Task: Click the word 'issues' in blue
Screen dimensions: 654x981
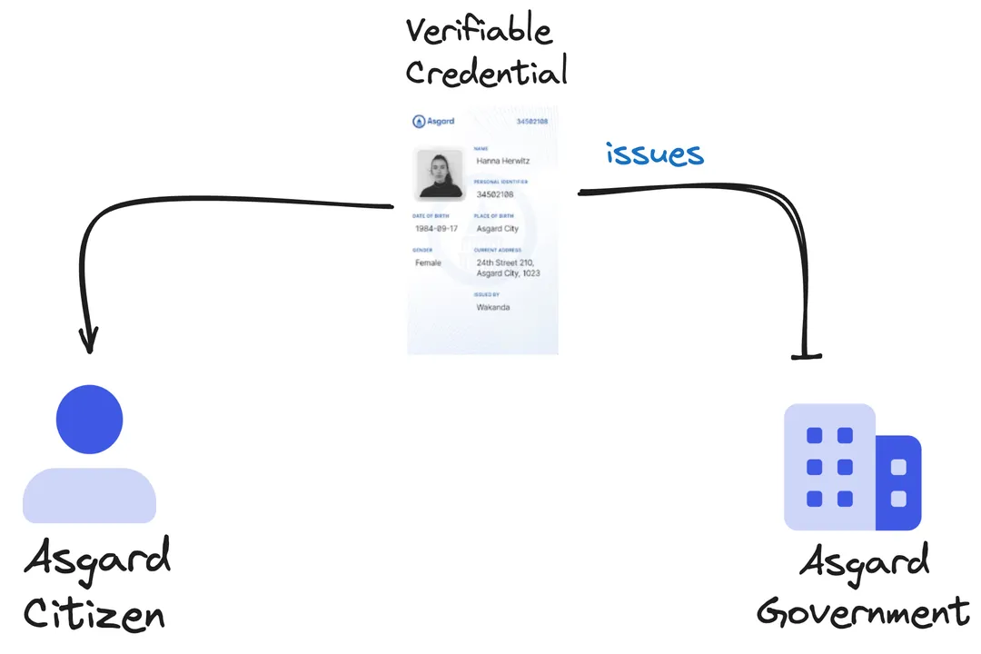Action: point(654,154)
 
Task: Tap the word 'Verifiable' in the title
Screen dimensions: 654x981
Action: point(478,32)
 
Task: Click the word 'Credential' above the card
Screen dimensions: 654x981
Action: point(486,71)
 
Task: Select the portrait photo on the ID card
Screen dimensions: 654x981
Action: point(440,173)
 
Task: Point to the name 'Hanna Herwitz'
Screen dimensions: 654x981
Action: point(503,161)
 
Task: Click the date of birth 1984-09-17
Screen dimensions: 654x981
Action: point(436,229)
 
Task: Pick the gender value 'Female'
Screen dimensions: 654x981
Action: point(428,263)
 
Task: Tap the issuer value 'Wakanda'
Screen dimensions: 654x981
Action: point(493,307)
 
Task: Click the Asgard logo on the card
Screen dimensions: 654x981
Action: point(433,121)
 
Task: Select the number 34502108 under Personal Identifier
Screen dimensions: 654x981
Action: point(495,194)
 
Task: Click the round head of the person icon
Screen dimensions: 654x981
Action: point(89,419)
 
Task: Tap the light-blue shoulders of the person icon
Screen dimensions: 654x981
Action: point(89,496)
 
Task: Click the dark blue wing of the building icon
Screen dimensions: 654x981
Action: point(898,483)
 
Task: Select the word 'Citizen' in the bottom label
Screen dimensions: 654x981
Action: point(94,615)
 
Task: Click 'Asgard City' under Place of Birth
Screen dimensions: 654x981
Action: point(498,229)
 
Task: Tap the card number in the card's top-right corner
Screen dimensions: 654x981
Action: point(531,121)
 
